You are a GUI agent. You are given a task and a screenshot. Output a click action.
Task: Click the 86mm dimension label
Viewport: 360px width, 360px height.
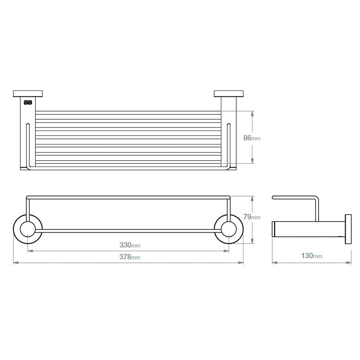252,138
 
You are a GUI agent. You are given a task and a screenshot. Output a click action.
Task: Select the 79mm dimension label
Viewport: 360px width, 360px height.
252,217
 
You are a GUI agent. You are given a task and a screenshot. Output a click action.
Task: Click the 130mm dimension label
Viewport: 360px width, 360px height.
312,256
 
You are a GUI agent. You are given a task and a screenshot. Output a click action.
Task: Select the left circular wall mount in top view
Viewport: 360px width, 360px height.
28,228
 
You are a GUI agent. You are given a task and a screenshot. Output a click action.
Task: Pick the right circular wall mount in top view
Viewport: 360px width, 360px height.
229,228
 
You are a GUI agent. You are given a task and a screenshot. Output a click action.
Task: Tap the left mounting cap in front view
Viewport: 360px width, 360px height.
28,94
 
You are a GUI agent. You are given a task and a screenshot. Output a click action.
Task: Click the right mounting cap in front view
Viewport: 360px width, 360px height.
229,94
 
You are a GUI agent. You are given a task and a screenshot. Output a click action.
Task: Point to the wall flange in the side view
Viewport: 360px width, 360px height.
348,229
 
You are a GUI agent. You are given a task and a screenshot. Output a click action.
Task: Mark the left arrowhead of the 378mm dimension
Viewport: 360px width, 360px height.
16,263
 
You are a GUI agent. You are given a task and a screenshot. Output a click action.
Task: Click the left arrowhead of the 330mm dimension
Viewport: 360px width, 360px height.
30,251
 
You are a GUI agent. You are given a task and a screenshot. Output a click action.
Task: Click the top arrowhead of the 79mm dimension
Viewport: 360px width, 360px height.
252,198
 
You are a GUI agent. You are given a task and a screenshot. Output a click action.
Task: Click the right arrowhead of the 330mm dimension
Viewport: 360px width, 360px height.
227,251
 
